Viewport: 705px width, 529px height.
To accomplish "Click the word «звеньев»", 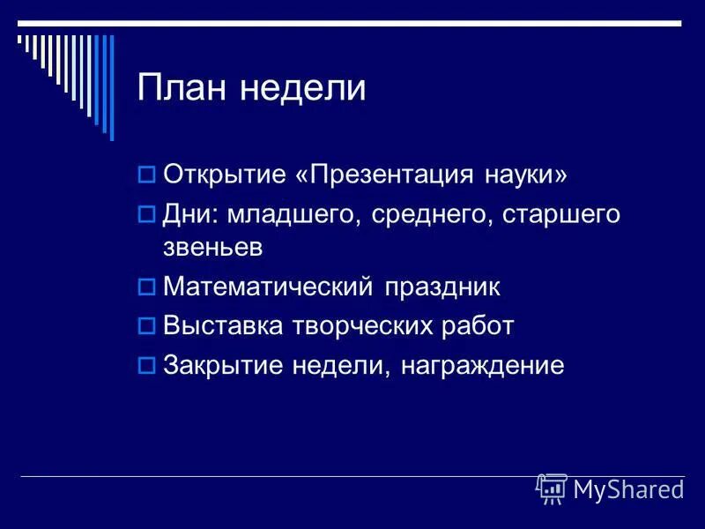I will click(x=212, y=248).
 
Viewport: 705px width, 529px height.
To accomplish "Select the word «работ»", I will click(x=476, y=326).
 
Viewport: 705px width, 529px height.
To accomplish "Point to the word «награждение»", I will click(x=482, y=365).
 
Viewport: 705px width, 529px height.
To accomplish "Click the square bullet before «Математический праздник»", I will click(x=147, y=287).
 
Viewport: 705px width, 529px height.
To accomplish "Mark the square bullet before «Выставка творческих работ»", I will click(x=147, y=326).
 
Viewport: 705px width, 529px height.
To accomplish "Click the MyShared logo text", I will click(x=627, y=488).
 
